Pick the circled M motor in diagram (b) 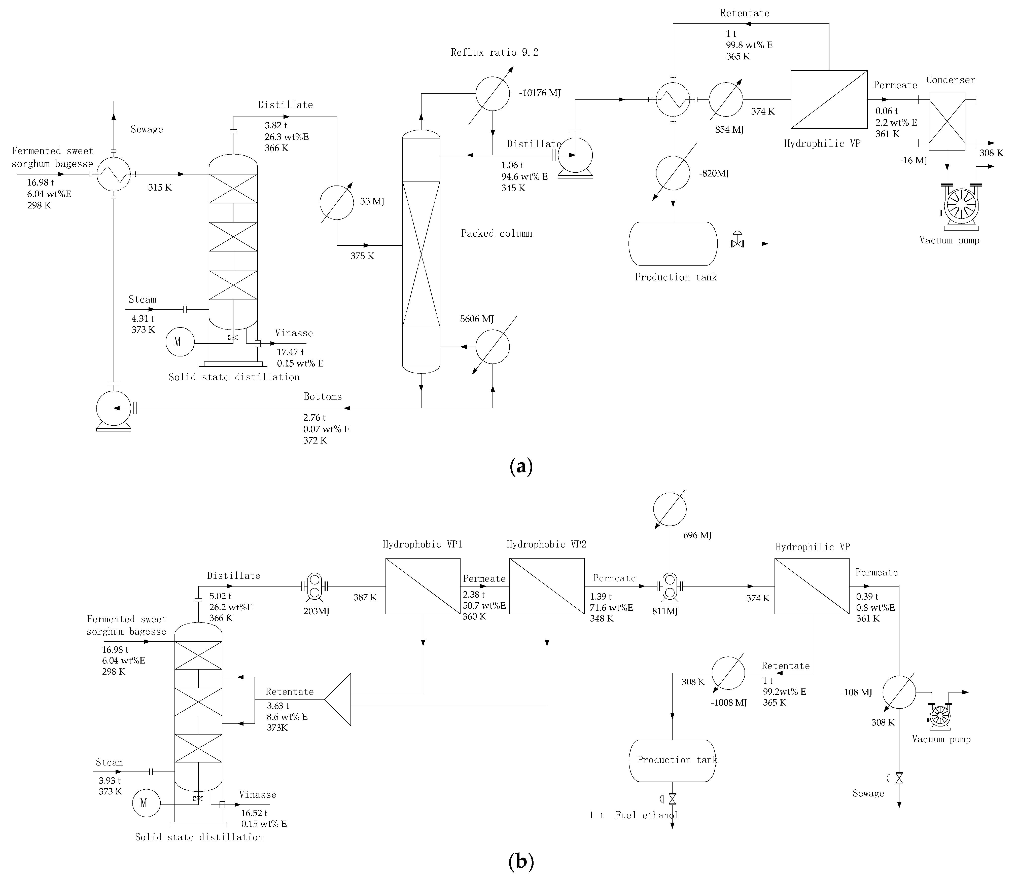click(x=144, y=803)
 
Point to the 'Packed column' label click(x=496, y=234)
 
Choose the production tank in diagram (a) click(x=673, y=244)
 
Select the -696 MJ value click(x=695, y=535)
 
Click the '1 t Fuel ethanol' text click(x=634, y=815)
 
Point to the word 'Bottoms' click(x=323, y=396)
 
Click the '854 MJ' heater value click(x=729, y=130)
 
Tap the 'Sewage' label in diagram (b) click(x=868, y=807)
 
